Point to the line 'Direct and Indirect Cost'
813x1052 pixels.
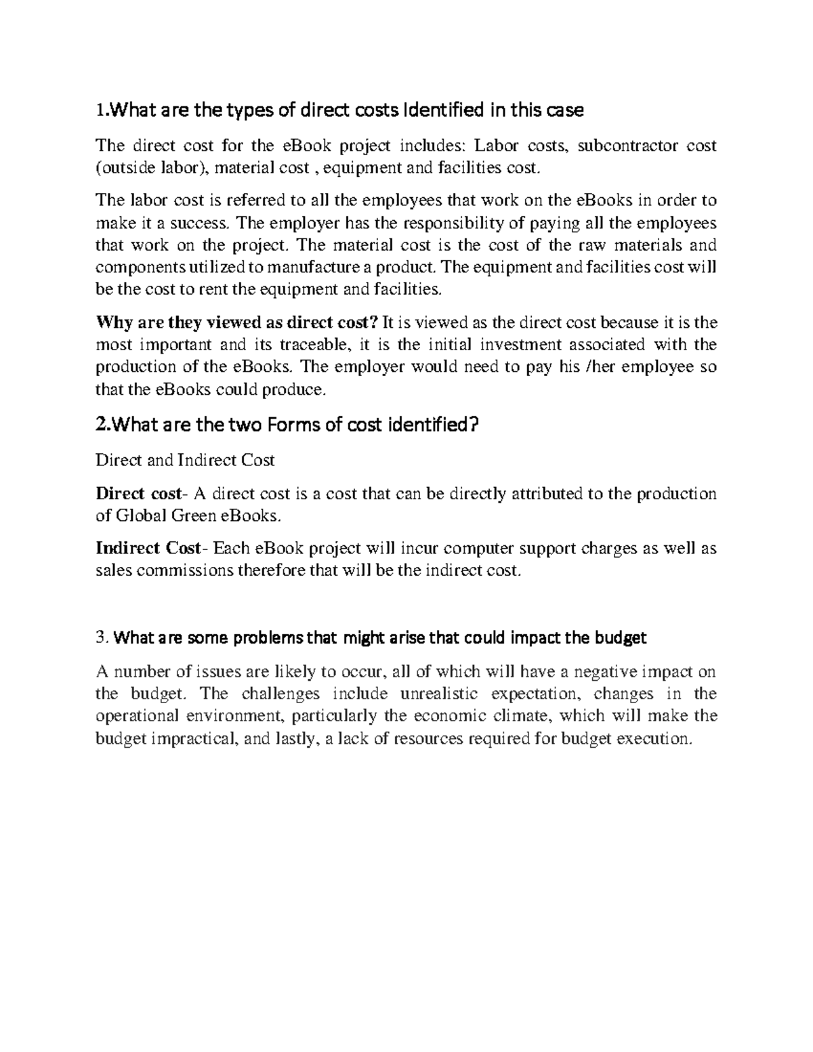coord(185,461)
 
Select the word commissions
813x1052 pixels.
coord(184,570)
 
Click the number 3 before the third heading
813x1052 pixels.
coord(101,637)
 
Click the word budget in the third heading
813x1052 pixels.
coord(621,637)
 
